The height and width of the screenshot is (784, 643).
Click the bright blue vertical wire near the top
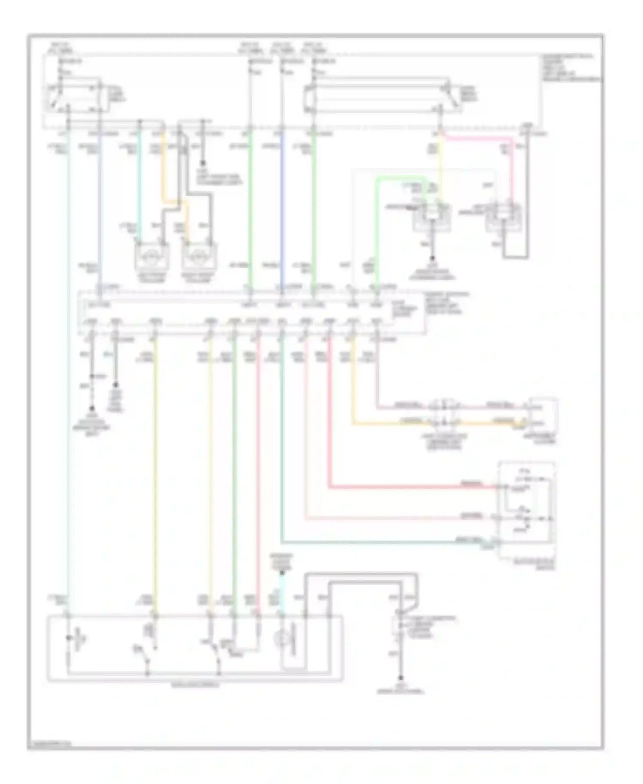(281, 206)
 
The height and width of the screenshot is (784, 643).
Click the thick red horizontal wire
(412, 487)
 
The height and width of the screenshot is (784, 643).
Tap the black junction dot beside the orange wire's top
(203, 163)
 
